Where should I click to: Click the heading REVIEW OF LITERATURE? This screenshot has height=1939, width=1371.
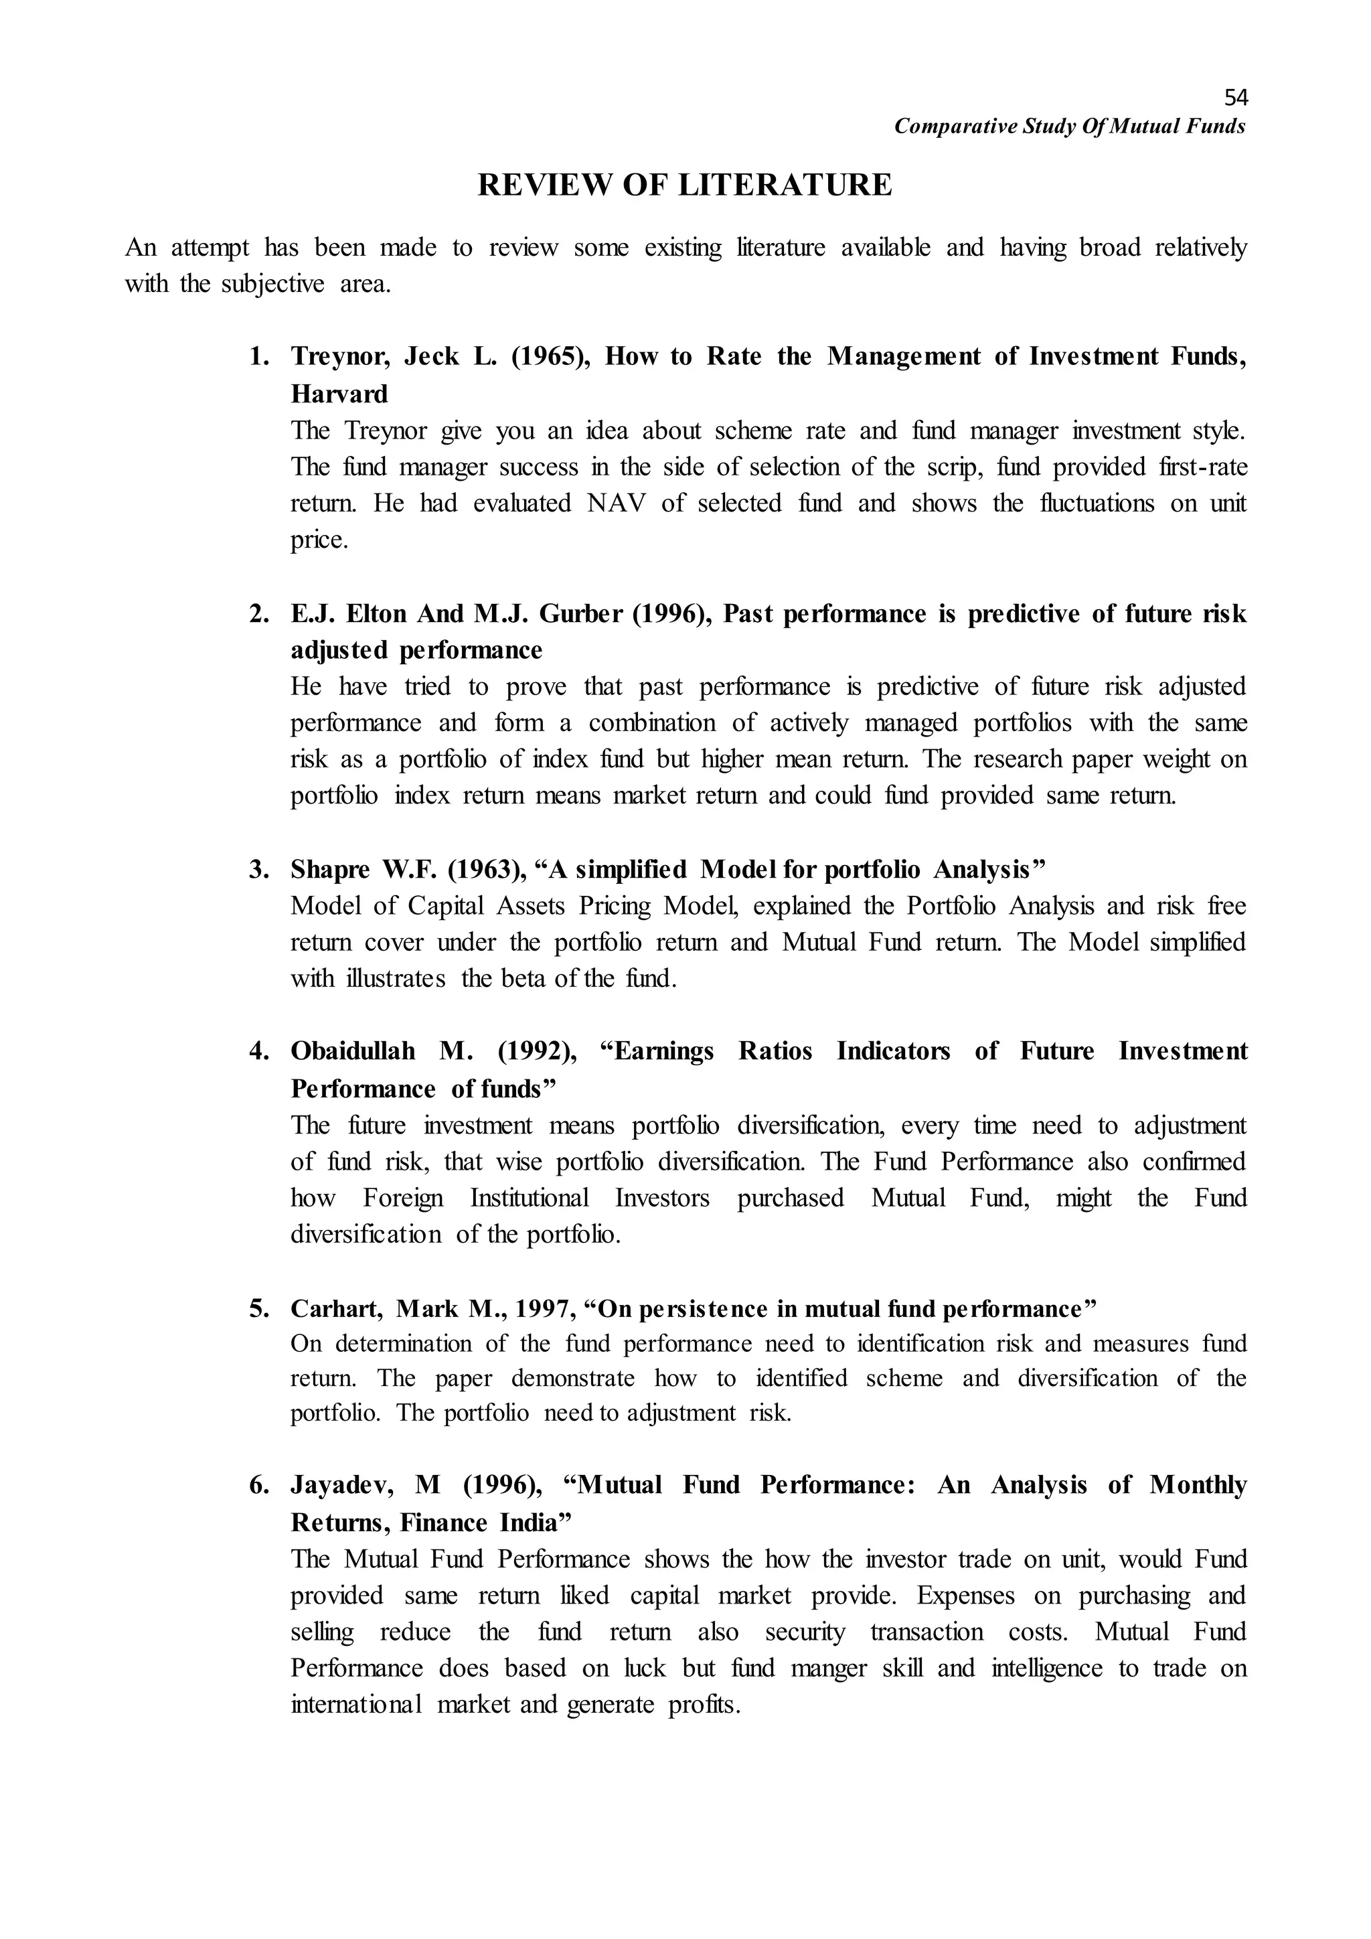[685, 185]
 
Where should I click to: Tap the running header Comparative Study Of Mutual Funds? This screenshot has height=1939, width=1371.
[1070, 127]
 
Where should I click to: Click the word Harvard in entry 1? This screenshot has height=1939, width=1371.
[339, 394]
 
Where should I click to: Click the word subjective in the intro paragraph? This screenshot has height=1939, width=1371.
[272, 284]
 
